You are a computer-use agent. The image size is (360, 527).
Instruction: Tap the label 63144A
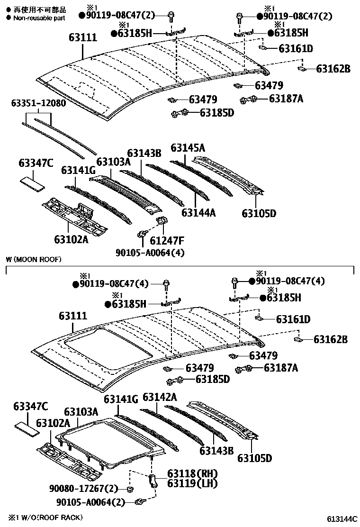198,213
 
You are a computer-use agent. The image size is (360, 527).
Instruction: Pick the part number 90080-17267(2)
83,488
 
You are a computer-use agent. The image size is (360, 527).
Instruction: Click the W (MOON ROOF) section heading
34,259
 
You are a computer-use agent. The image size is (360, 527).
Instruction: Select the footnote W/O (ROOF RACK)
45,517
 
